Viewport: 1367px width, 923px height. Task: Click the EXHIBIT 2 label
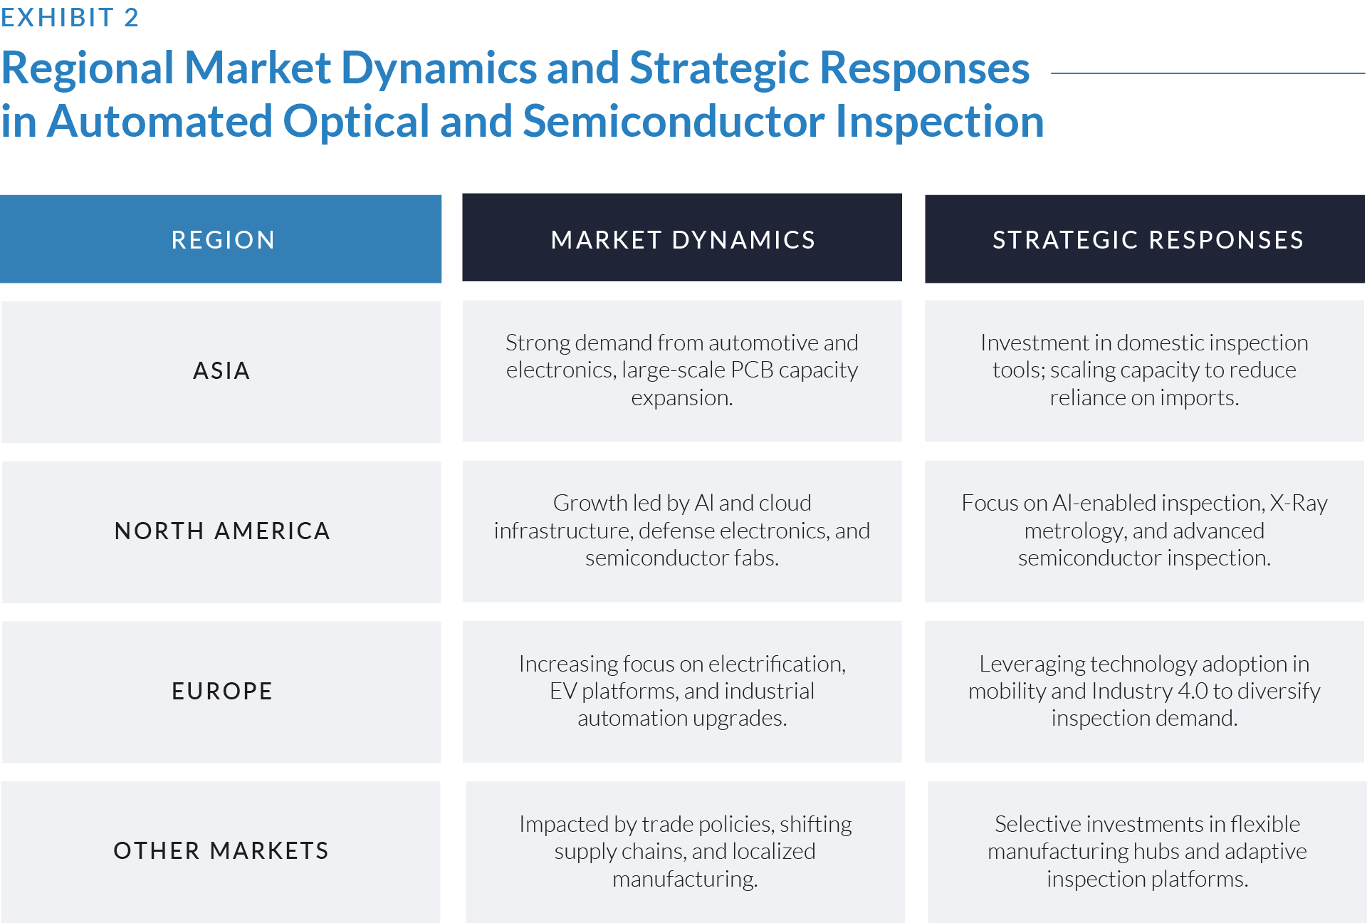coord(70,17)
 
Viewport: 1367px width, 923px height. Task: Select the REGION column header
coord(223,240)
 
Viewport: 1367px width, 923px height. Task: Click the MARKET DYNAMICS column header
coord(683,240)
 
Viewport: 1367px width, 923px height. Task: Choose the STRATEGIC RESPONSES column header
coord(1148,240)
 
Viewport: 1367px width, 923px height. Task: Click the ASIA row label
coord(221,371)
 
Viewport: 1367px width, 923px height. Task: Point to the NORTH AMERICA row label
coord(222,531)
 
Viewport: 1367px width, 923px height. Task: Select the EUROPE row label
coord(222,692)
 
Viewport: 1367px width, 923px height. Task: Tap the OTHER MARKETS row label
coord(221,851)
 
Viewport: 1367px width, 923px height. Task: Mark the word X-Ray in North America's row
coord(1299,504)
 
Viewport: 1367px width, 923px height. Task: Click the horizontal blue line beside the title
coord(1208,73)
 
